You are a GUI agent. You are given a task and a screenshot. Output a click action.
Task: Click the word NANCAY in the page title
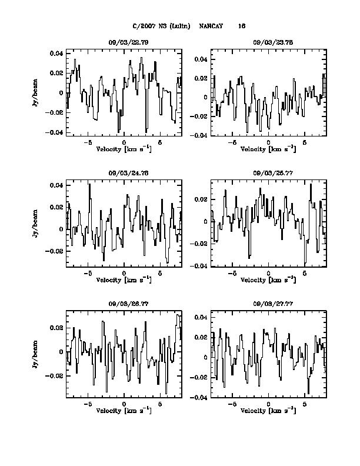pos(211,26)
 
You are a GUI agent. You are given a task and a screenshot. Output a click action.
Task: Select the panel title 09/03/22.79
pos(124,42)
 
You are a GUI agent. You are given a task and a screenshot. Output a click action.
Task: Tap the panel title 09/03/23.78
pos(268,42)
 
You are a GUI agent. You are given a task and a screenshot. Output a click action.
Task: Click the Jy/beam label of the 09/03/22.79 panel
pos(36,93)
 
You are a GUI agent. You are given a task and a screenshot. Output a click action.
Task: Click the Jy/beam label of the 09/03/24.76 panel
pos(36,224)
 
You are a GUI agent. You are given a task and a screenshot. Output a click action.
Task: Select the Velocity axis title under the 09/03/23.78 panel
pos(268,149)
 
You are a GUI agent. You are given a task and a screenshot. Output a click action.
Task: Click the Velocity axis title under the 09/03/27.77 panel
pos(268,410)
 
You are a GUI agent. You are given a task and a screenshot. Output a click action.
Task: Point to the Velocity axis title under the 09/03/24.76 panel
pos(124,279)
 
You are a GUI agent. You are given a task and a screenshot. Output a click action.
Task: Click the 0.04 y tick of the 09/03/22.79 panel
pos(56,54)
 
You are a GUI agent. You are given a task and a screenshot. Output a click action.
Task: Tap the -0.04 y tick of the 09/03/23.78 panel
pos(199,135)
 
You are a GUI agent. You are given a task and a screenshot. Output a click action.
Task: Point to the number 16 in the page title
pos(242,26)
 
